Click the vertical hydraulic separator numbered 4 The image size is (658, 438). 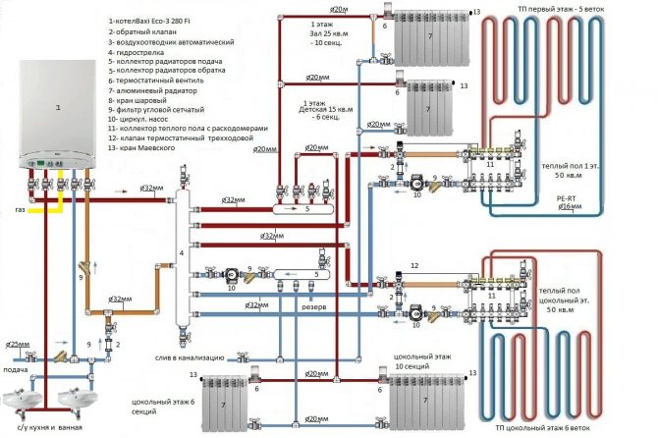181,256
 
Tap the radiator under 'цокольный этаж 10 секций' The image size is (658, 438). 423,402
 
